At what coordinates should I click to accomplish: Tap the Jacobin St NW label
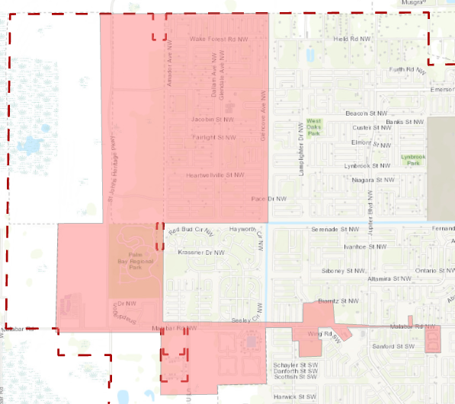point(211,119)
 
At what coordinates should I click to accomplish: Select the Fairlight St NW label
point(213,138)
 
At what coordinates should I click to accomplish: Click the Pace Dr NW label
point(268,198)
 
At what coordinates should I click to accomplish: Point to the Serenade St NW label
point(335,228)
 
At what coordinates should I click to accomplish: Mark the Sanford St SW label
point(396,346)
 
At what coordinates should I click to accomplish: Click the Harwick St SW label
point(296,396)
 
